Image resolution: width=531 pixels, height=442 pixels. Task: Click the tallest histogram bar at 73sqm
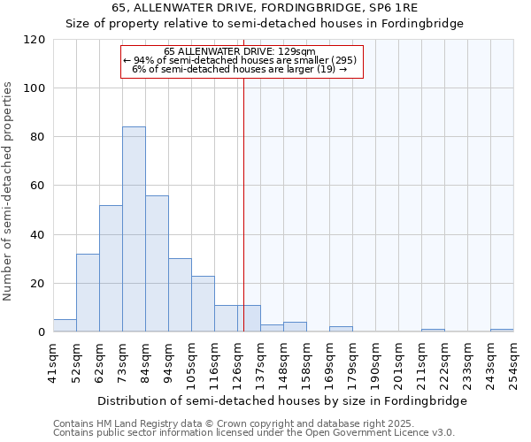click(134, 230)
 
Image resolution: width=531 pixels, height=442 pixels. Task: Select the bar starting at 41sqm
click(65, 325)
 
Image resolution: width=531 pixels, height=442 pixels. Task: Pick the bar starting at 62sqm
click(111, 269)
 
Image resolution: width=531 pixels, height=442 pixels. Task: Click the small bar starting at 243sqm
click(502, 331)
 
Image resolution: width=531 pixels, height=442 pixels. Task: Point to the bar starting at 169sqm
click(341, 329)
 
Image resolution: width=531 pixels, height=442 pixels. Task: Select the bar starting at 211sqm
click(433, 331)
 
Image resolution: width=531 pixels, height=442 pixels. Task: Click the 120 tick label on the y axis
click(35, 40)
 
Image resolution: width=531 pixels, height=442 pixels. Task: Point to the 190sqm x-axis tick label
click(375, 362)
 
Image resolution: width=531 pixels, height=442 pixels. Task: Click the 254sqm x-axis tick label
click(513, 362)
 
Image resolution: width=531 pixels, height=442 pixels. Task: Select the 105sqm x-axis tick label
click(191, 362)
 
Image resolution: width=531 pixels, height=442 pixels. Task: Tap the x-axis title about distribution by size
click(281, 400)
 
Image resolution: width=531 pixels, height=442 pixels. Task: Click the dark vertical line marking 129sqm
click(242, 203)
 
